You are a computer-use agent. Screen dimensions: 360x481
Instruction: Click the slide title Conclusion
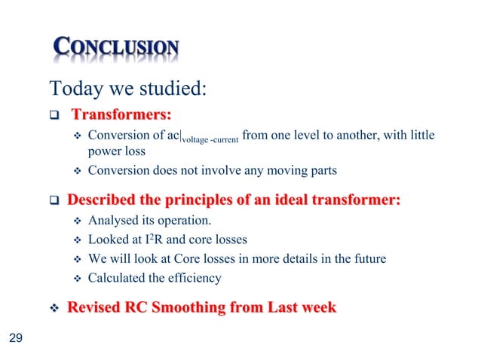tap(117, 49)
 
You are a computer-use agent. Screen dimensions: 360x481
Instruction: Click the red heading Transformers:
tap(121, 115)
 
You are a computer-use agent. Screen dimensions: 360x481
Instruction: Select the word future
tap(367, 259)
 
